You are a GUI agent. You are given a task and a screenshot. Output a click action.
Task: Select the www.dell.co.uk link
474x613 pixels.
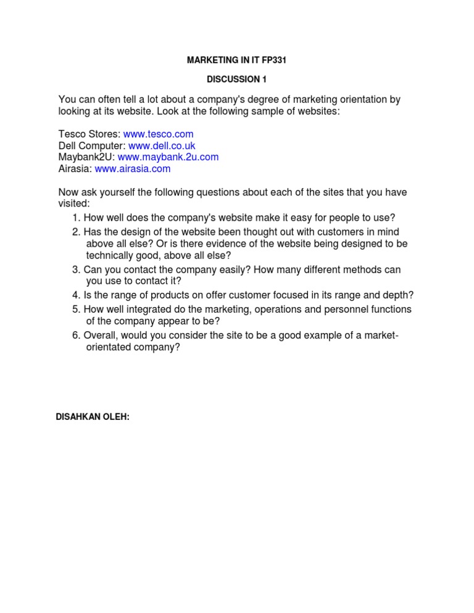[162, 146]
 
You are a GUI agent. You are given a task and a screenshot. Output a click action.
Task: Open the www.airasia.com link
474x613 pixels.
[133, 169]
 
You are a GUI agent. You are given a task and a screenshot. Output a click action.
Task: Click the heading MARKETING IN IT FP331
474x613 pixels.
[236, 60]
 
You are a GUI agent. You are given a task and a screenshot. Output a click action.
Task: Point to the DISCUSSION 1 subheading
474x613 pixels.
[236, 80]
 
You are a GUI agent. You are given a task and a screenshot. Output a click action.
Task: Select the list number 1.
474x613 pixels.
[76, 218]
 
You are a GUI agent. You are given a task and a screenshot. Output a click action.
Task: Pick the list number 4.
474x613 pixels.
[76, 295]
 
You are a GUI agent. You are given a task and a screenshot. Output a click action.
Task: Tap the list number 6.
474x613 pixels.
[76, 335]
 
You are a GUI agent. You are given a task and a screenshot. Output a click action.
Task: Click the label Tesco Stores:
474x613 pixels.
[89, 134]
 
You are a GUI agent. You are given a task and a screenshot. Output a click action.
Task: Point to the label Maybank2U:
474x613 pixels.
[86, 157]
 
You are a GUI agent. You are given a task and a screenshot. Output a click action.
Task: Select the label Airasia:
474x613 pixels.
[75, 169]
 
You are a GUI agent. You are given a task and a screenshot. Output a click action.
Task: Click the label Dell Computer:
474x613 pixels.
[92, 146]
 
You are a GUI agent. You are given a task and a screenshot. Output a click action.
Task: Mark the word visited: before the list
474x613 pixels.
[74, 204]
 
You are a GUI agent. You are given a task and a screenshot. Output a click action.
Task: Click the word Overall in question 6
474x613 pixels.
[101, 335]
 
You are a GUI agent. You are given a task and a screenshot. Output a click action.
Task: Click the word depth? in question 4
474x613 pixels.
[399, 295]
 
